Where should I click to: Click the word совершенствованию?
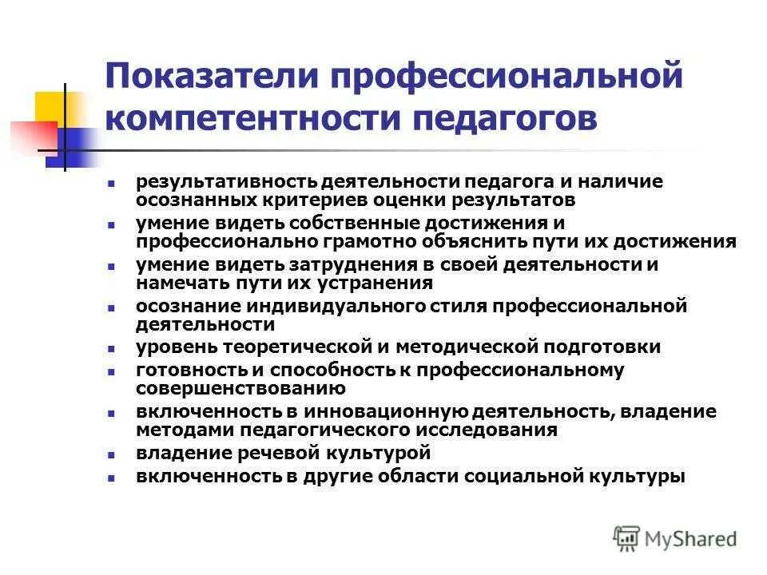pos(240,389)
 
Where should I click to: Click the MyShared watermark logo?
pos(676,538)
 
